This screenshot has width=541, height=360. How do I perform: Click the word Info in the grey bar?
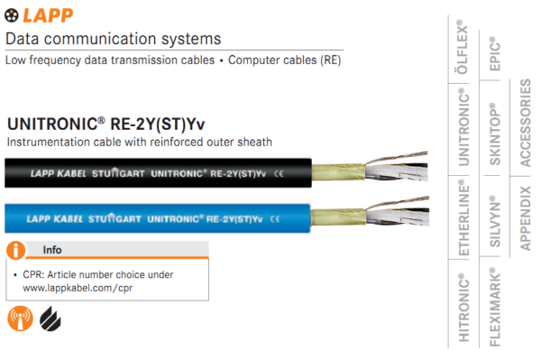(53, 249)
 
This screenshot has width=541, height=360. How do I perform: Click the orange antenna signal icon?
(19, 318)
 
